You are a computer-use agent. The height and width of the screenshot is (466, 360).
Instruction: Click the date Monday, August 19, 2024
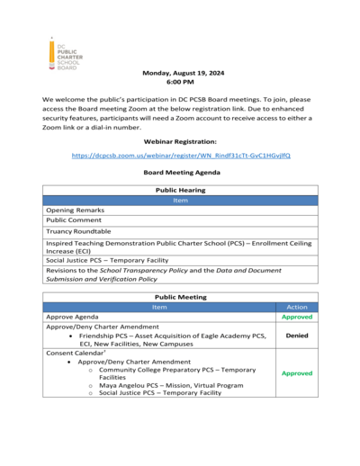pos(180,72)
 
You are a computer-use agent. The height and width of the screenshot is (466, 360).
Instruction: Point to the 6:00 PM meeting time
pos(180,82)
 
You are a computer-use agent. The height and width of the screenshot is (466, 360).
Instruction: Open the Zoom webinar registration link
pos(180,156)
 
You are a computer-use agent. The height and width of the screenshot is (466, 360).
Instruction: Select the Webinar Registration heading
pos(180,141)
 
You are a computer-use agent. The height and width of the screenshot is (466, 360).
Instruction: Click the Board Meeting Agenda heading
pos(180,172)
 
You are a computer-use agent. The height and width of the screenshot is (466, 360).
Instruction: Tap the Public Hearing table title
pos(180,190)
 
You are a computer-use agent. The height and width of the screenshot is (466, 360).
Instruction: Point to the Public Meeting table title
pos(180,296)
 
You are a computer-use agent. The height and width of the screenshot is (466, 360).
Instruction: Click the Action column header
pos(296,307)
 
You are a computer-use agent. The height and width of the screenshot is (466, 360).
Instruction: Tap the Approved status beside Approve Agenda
pos(296,317)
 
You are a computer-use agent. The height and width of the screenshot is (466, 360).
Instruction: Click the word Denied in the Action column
pos(296,335)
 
